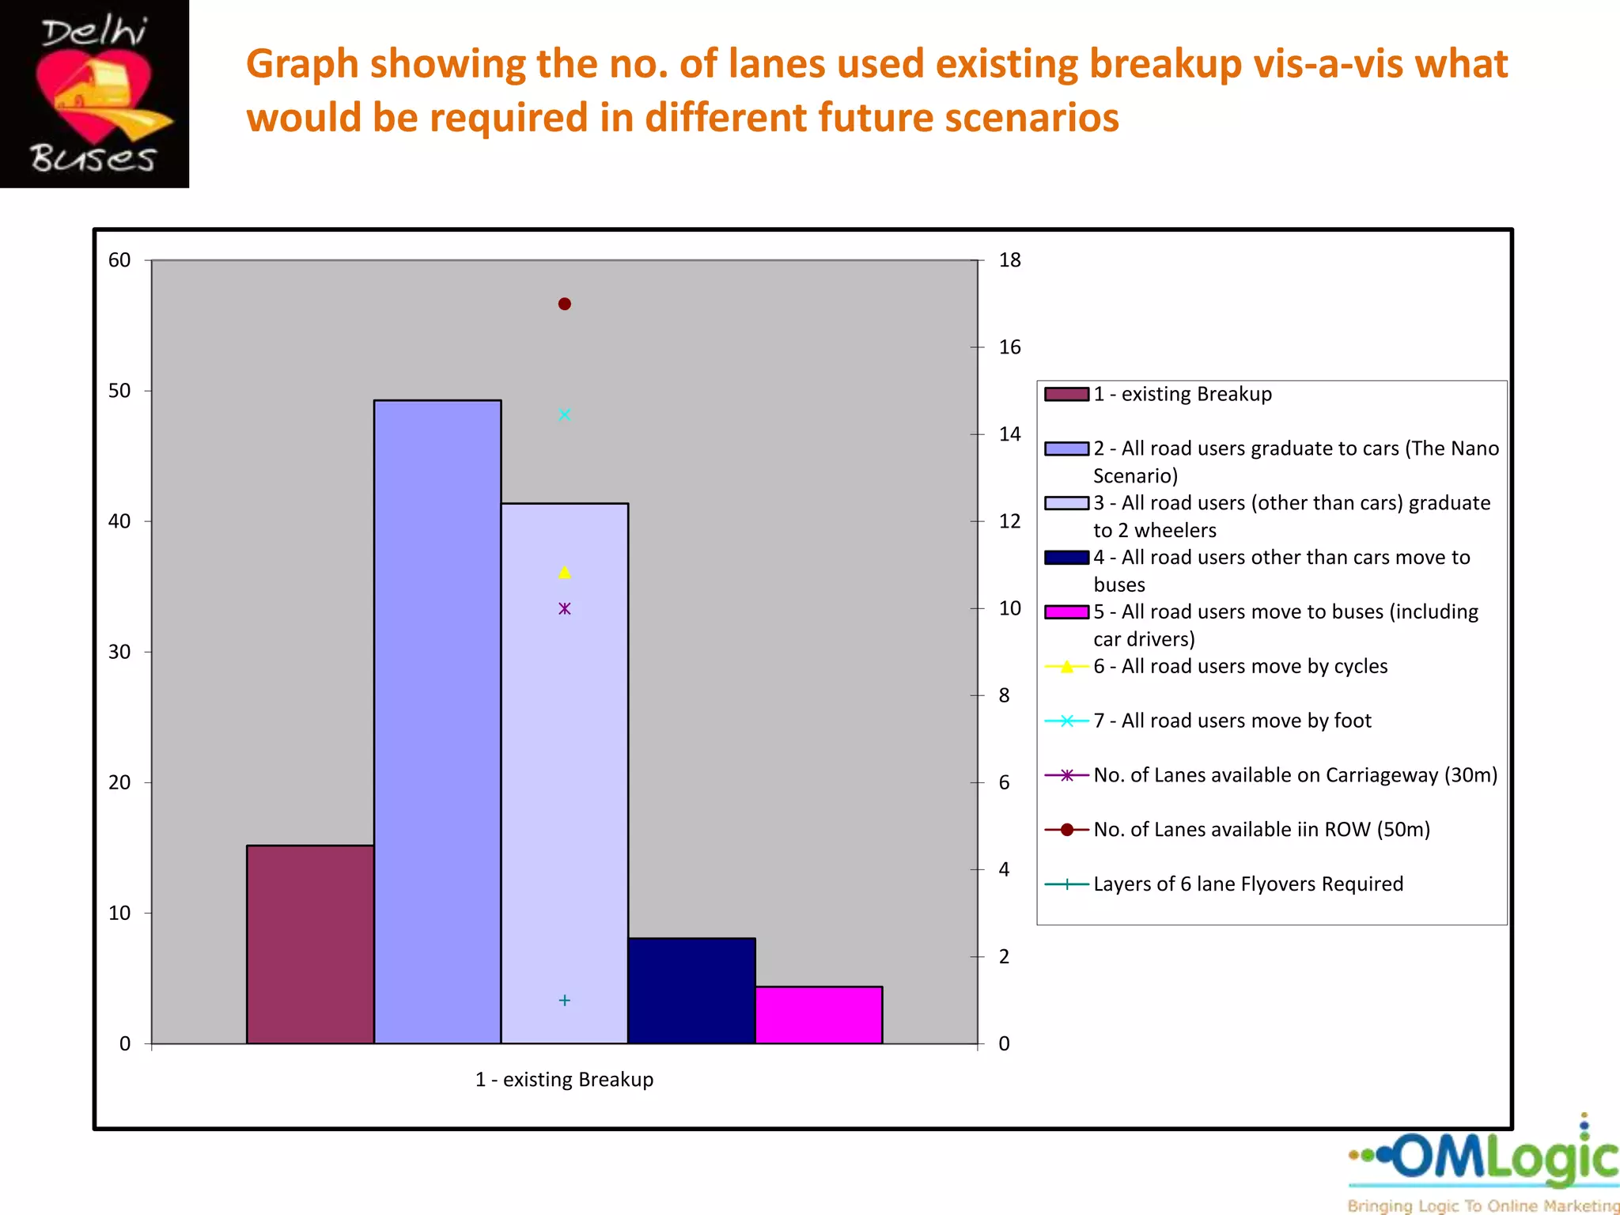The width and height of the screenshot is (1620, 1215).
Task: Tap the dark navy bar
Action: (691, 990)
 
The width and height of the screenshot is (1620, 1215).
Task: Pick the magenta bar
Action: (819, 1015)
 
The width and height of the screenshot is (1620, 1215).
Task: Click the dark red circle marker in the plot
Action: (565, 304)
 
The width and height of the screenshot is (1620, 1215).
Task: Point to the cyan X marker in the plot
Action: (565, 414)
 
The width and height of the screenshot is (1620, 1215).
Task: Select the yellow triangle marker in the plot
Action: (565, 572)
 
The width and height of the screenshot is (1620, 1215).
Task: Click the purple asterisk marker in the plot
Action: (565, 608)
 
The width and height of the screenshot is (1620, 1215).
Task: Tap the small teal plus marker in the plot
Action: (565, 1001)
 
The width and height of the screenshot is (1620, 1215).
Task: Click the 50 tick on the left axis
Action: (119, 391)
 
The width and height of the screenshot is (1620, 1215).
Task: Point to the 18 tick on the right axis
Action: (1009, 260)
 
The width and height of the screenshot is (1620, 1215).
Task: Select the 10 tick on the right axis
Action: (1009, 608)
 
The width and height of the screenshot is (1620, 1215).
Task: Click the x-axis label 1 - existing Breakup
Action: (564, 1080)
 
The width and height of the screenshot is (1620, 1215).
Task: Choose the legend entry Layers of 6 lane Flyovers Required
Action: (1247, 884)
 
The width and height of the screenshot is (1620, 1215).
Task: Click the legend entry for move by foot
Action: (1232, 721)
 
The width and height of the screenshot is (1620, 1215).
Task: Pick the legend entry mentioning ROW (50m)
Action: (1261, 830)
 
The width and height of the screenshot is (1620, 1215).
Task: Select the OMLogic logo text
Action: (1503, 1158)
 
